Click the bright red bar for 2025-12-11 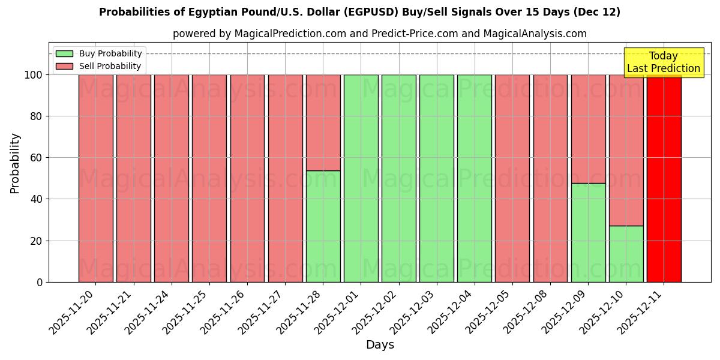click(664, 180)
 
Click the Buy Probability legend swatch click(64, 53)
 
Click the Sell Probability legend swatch click(64, 67)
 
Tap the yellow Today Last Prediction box click(664, 62)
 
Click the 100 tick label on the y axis click(35, 75)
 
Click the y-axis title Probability click(15, 163)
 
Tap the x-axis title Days click(380, 345)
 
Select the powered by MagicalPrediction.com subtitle click(379, 34)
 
